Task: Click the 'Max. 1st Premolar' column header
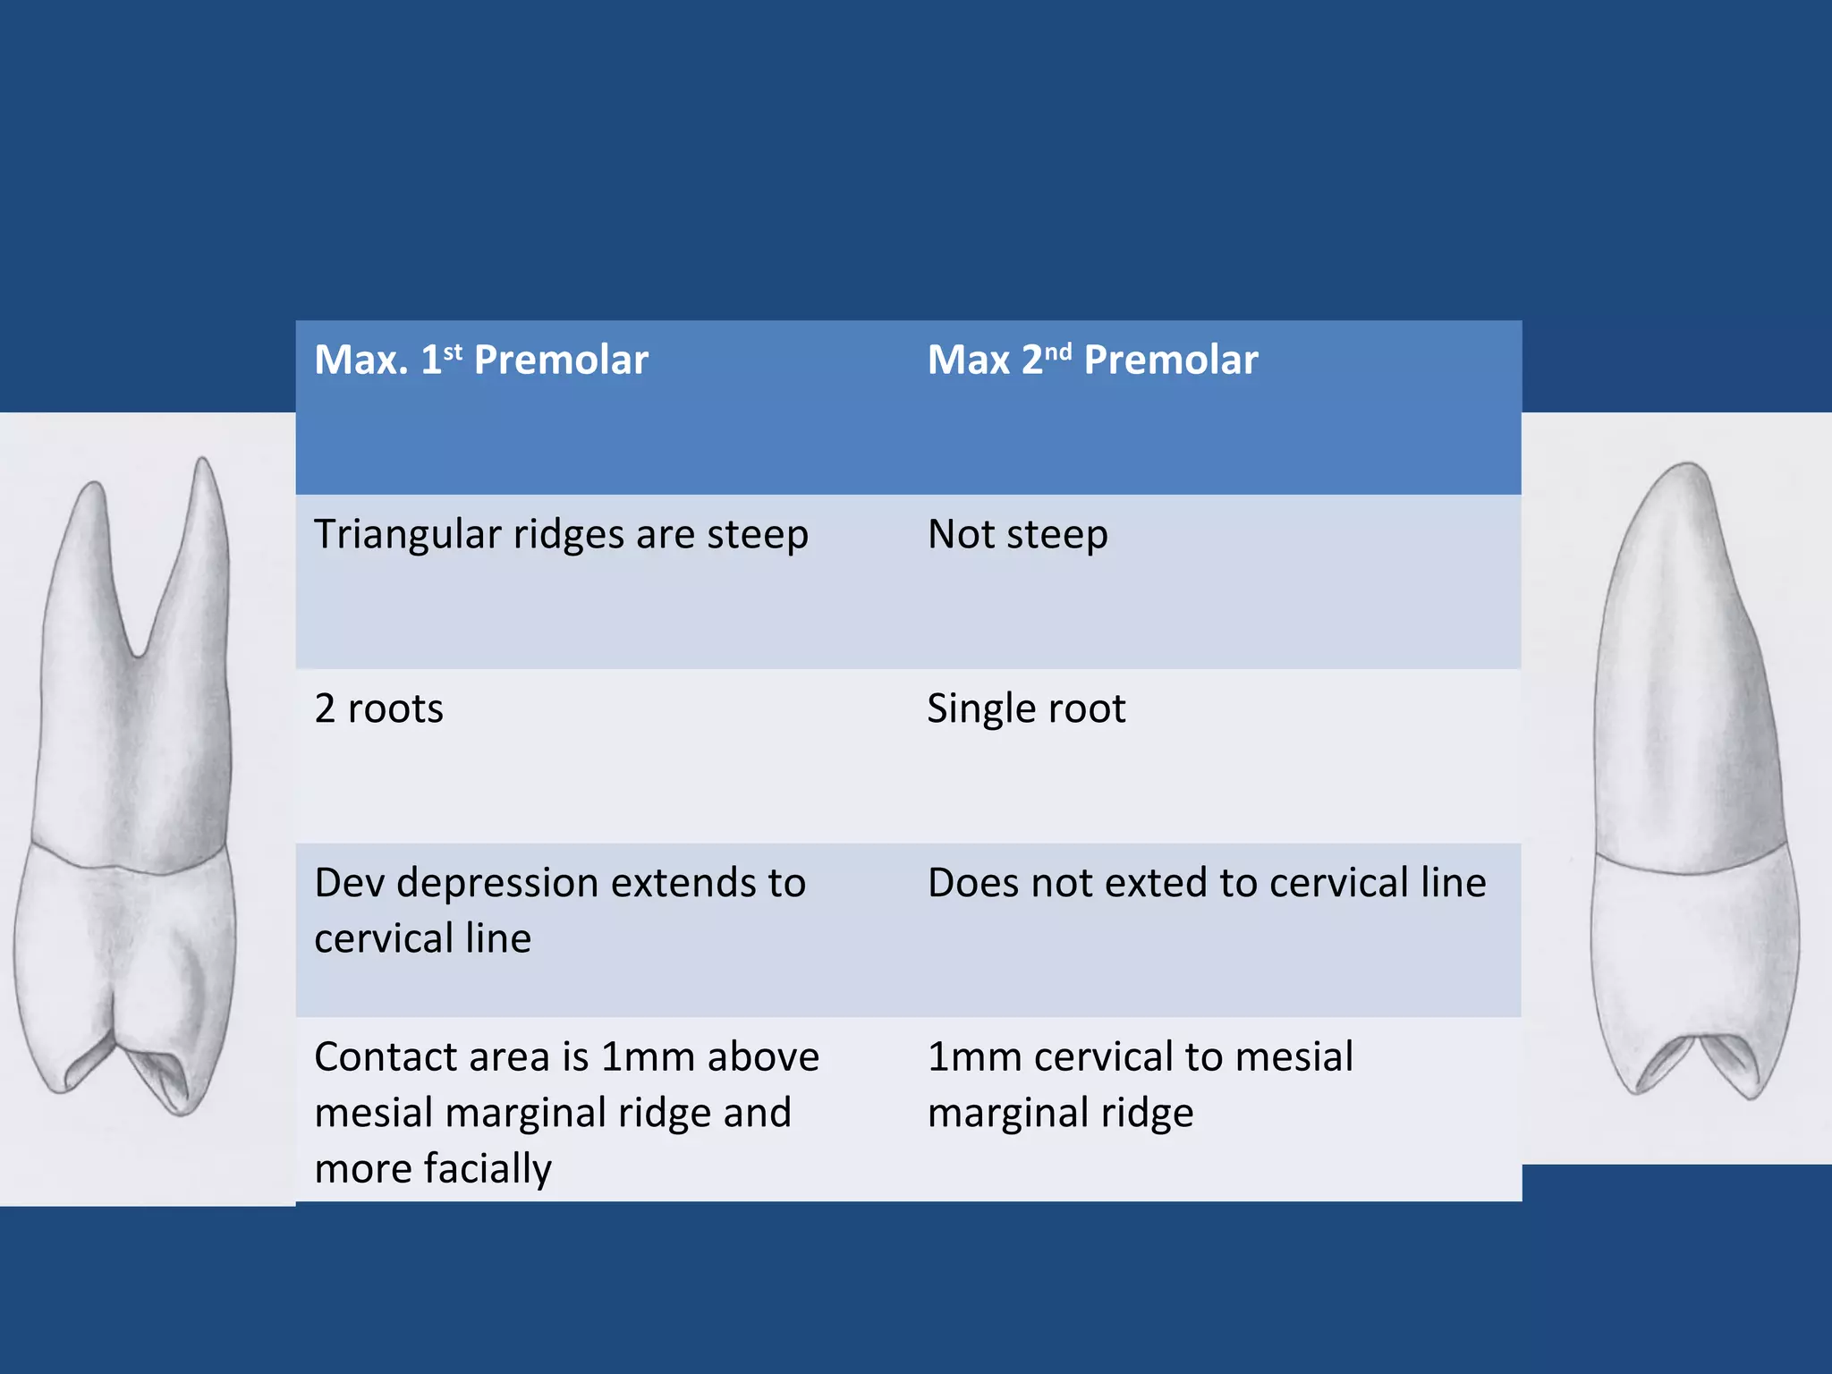pyautogui.click(x=481, y=360)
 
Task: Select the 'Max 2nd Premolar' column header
pyautogui.click(x=1092, y=360)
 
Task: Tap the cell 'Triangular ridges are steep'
pyautogui.click(x=561, y=535)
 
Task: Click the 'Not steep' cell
pyautogui.click(x=1018, y=535)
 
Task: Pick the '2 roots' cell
pyautogui.click(x=378, y=708)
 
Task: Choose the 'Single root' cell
pyautogui.click(x=1026, y=708)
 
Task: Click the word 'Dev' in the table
pyautogui.click(x=350, y=883)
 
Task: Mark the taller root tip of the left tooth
pyautogui.click(x=203, y=463)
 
